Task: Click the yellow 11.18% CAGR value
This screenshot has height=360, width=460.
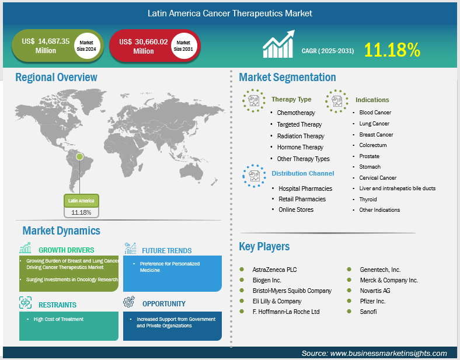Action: click(392, 50)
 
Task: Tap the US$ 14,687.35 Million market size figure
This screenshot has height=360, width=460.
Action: click(46, 46)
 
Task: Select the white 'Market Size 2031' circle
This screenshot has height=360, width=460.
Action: click(184, 46)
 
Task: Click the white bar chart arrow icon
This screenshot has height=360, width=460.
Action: click(278, 44)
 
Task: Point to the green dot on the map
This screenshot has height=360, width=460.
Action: click(79, 156)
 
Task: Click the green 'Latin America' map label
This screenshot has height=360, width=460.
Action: click(81, 201)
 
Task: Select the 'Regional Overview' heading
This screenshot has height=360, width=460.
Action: click(56, 77)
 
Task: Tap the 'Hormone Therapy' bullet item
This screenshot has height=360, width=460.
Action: click(300, 147)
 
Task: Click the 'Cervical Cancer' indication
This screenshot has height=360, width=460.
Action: click(378, 177)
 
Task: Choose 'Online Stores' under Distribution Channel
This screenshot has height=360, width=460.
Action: click(296, 209)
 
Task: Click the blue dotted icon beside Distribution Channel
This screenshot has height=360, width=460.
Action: click(254, 176)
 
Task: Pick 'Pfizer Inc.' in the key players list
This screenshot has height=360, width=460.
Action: click(372, 301)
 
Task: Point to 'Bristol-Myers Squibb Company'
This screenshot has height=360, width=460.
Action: click(292, 291)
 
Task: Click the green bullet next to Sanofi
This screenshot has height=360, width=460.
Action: click(349, 312)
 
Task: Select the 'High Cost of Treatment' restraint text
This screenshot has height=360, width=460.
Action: click(58, 319)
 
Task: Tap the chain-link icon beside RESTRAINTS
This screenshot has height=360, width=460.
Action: click(25, 303)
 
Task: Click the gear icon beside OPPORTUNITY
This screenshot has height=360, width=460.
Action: click(129, 302)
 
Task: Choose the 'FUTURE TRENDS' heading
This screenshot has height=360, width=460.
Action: click(166, 251)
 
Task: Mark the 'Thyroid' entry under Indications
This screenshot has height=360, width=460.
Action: click(368, 200)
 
